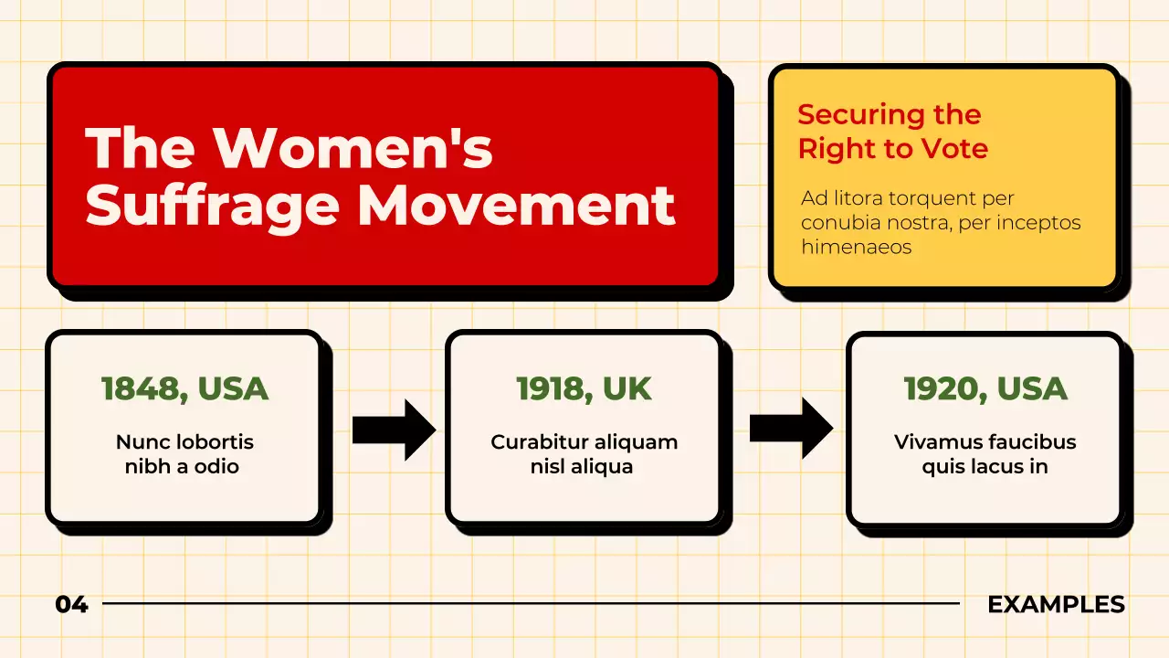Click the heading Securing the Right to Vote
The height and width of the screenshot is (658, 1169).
coord(892,132)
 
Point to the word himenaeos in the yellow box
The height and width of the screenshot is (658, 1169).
coord(856,247)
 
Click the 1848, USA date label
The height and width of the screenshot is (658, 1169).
coord(184,388)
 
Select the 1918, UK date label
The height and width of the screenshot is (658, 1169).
coord(584,388)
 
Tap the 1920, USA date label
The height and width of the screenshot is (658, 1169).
coord(985,388)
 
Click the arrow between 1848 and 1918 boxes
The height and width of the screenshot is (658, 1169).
coord(394,429)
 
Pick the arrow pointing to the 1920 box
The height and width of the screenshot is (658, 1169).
coord(791,429)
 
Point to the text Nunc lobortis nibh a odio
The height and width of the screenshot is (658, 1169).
coord(184,454)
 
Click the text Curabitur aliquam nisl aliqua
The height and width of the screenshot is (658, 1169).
coord(584,454)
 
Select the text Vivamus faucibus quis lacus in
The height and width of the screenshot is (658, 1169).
coord(985,454)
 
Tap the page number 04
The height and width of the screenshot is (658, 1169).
coord(71,604)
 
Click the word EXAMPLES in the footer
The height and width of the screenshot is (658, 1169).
coord(1056,604)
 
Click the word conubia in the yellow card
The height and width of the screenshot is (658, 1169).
coord(838,223)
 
